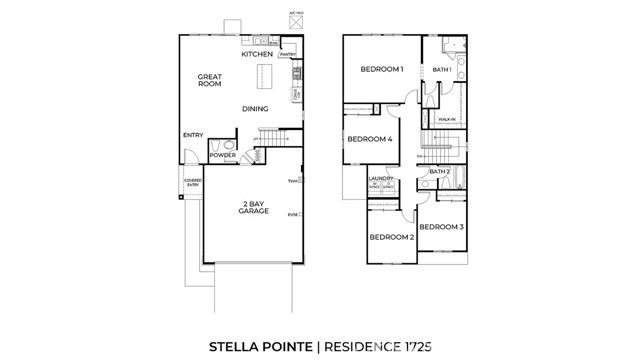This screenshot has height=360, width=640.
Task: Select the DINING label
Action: tap(254, 109)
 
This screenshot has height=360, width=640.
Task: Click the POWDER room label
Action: tap(223, 155)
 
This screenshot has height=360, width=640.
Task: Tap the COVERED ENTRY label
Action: tap(192, 183)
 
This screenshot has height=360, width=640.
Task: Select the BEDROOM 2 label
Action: tap(391, 237)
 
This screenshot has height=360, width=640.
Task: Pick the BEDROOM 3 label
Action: tap(440, 227)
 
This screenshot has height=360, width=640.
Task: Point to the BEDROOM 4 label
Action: tap(369, 140)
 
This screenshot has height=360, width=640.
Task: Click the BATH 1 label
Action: tap(442, 69)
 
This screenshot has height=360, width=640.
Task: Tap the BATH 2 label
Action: tap(441, 172)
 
